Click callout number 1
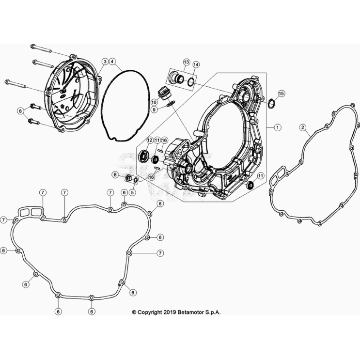click(278, 127)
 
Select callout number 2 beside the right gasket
click(303, 127)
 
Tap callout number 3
click(105, 62)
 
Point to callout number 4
click(112, 62)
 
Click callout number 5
click(132, 192)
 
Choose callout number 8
click(115, 175)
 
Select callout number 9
click(154, 110)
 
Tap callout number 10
click(154, 102)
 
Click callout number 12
click(150, 141)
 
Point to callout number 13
click(186, 62)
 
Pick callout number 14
click(196, 65)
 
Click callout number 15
click(281, 94)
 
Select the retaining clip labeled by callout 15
click(271, 104)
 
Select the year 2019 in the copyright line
click(170, 312)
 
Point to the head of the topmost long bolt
click(32, 47)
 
